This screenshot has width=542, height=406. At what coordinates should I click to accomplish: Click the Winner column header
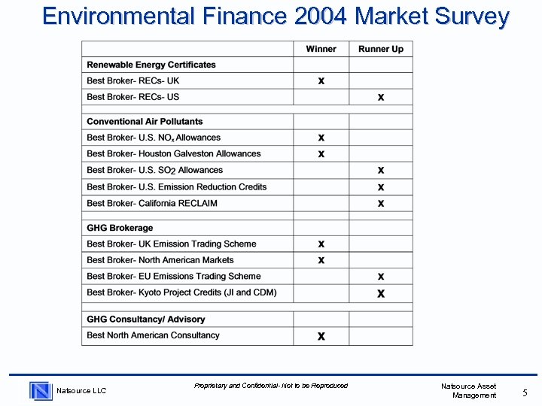click(x=321, y=49)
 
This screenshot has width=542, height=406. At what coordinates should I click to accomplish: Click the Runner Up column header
click(x=381, y=49)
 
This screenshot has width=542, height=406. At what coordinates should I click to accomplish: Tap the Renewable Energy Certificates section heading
click(x=151, y=65)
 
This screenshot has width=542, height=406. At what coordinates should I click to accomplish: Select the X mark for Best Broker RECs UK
click(x=321, y=80)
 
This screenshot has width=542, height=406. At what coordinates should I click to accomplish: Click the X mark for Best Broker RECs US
click(x=381, y=97)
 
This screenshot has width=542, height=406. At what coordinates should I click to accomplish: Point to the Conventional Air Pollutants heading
click(x=145, y=121)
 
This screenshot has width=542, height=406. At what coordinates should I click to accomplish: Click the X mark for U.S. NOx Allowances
click(x=321, y=138)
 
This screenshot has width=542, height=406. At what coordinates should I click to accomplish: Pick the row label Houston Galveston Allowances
click(x=174, y=153)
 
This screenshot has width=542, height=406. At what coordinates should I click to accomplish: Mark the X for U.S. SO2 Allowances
click(x=381, y=170)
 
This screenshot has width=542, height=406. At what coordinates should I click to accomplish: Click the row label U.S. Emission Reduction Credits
click(x=177, y=186)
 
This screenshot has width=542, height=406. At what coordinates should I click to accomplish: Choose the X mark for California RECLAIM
click(x=381, y=203)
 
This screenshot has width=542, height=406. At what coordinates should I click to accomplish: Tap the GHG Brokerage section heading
click(x=120, y=228)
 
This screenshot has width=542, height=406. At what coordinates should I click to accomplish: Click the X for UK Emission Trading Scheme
click(x=321, y=244)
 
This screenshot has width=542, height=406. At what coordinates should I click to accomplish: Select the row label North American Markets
click(x=160, y=260)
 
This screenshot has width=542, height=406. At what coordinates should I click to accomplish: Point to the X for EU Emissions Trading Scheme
click(x=381, y=277)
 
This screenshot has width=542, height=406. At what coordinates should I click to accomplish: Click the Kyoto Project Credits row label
click(x=181, y=292)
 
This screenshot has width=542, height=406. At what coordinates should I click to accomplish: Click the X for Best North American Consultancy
click(x=321, y=336)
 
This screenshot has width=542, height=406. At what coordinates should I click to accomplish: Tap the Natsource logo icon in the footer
click(x=41, y=390)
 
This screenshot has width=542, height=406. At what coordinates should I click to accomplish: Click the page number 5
click(x=525, y=392)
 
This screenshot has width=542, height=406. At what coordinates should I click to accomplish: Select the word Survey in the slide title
click(x=469, y=16)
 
